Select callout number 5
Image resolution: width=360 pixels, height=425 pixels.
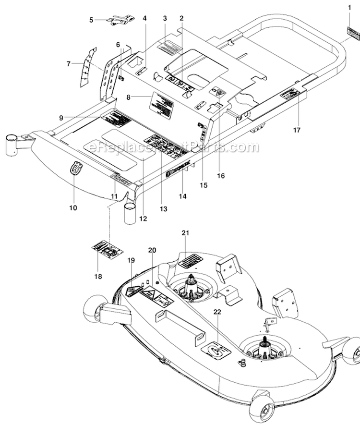[x=91, y=20]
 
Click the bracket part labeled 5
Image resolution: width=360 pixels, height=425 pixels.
[x=118, y=20]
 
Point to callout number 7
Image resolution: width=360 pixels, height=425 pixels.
[x=69, y=63]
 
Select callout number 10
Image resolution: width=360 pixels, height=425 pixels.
[x=73, y=207]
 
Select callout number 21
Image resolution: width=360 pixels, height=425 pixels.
[x=185, y=233]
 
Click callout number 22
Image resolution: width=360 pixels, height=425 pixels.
[x=217, y=312]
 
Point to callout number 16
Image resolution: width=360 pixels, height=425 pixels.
[x=221, y=176]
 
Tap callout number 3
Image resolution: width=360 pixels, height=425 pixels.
[x=165, y=19]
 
